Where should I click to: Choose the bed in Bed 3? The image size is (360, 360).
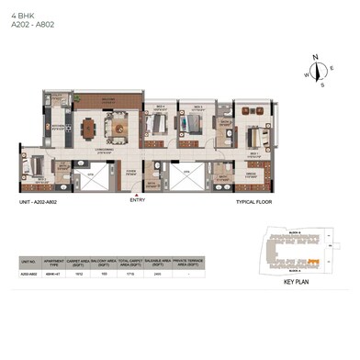click(157, 120)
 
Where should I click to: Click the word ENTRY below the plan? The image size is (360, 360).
click(138, 199)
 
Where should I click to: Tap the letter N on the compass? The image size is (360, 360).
click(316, 58)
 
